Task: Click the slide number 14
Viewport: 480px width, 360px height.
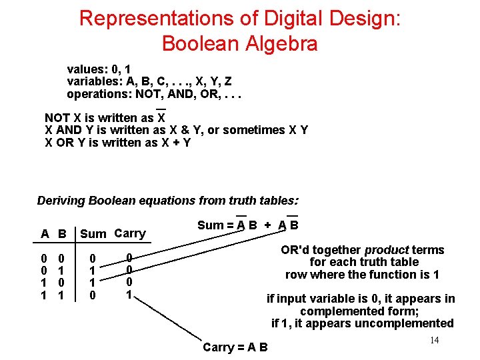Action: (x=434, y=341)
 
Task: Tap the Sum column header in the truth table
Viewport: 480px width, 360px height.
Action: (x=93, y=233)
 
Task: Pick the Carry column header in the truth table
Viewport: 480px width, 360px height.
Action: (x=129, y=233)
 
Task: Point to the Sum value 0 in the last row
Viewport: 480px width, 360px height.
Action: (x=93, y=294)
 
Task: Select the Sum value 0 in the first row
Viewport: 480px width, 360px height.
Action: (x=93, y=258)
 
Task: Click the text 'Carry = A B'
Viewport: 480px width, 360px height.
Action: (x=235, y=347)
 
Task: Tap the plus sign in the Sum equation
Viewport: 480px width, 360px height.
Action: (x=268, y=225)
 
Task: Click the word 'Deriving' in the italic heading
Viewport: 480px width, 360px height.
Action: (x=61, y=201)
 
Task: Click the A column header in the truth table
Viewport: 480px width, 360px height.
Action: (x=45, y=234)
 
